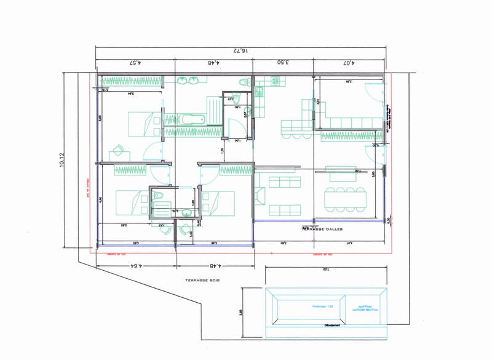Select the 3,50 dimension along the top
pyautogui.click(x=284, y=63)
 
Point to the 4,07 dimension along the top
pyautogui.click(x=349, y=63)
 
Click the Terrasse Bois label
pyautogui.click(x=202, y=280)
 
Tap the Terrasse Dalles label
pyautogui.click(x=322, y=230)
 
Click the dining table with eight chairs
pyautogui.click(x=346, y=196)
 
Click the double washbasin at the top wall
pyautogui.click(x=189, y=81)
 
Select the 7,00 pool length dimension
pyautogui.click(x=326, y=270)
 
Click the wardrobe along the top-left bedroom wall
pyautogui.click(x=130, y=80)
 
